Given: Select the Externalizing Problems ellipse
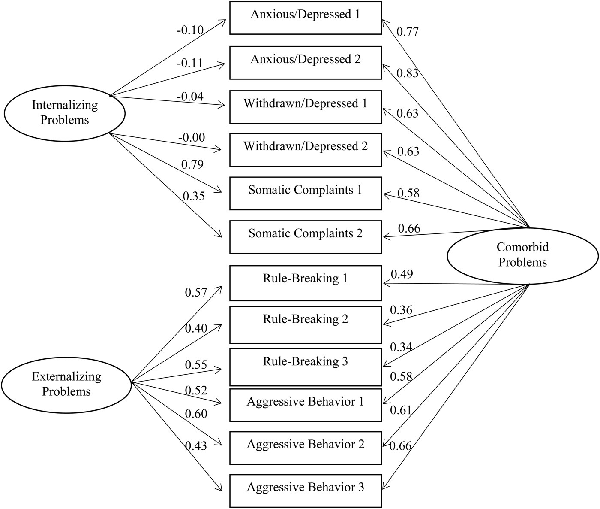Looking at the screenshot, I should (x=66, y=384).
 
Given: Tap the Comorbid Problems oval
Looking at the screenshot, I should (x=522, y=255).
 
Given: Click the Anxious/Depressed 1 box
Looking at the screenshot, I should (x=305, y=18).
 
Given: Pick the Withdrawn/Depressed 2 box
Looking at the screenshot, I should (x=305, y=150).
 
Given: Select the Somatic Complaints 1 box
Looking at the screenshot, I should (x=305, y=194).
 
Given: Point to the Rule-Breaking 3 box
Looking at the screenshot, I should (x=305, y=367).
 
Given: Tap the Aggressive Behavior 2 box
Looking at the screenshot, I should (x=305, y=448).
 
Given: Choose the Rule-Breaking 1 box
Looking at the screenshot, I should (x=305, y=283).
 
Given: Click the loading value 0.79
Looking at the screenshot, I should (x=192, y=165).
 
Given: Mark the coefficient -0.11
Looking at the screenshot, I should (x=190, y=64).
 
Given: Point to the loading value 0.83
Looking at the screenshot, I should (x=407, y=73).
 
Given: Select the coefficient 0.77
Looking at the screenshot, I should (x=407, y=32).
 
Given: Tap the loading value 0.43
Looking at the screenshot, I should (x=196, y=446).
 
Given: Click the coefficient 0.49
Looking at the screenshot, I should (x=402, y=274).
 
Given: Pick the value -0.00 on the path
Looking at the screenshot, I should (x=192, y=138).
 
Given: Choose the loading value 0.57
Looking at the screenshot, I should (x=196, y=293).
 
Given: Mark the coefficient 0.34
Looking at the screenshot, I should (x=401, y=347).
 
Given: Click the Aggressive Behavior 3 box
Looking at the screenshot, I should (x=305, y=491).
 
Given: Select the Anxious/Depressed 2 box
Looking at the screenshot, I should (x=305, y=63).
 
